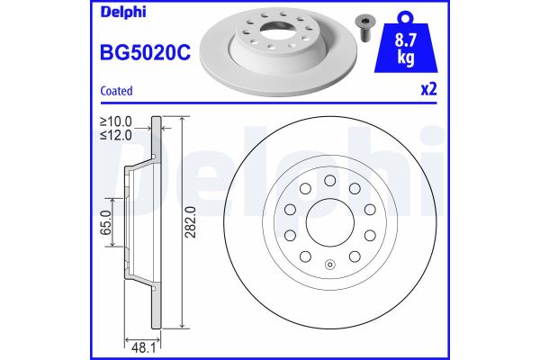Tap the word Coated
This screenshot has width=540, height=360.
click(x=116, y=91)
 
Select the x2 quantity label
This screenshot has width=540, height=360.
click(x=428, y=91)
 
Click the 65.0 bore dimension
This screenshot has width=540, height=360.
click(x=106, y=221)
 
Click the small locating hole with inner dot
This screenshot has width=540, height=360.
click(x=329, y=265)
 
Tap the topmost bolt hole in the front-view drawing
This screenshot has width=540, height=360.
click(x=329, y=177)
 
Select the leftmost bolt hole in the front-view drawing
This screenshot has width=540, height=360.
click(x=290, y=209)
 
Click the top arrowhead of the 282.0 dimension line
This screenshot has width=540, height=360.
click(x=184, y=121)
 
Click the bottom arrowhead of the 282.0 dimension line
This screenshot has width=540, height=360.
click(x=184, y=326)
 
